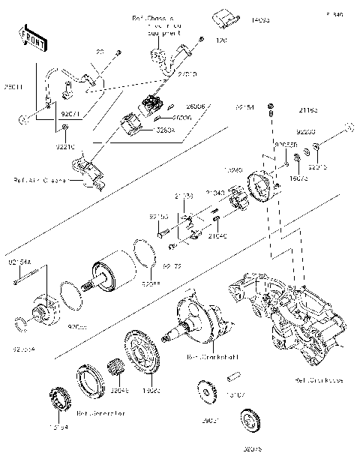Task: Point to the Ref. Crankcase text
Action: (x=319, y=380)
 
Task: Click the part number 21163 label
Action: (x=308, y=111)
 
